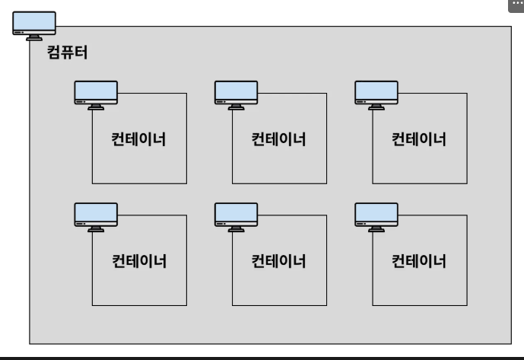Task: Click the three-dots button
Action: (x=516, y=5)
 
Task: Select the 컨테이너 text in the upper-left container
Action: (x=139, y=140)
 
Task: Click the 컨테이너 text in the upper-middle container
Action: (x=278, y=140)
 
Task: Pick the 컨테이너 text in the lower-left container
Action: (x=139, y=262)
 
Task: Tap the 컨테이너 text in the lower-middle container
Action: (x=278, y=262)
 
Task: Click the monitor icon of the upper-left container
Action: (x=96, y=94)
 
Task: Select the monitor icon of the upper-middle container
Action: (x=236, y=94)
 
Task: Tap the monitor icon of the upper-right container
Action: (x=376, y=94)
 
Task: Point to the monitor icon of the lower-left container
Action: (x=96, y=216)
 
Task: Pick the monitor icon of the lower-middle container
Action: (x=236, y=216)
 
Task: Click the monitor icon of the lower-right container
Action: (x=376, y=216)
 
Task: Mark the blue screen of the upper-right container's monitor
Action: (x=376, y=89)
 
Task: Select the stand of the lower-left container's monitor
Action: (x=96, y=228)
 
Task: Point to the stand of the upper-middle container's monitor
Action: (x=236, y=107)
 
